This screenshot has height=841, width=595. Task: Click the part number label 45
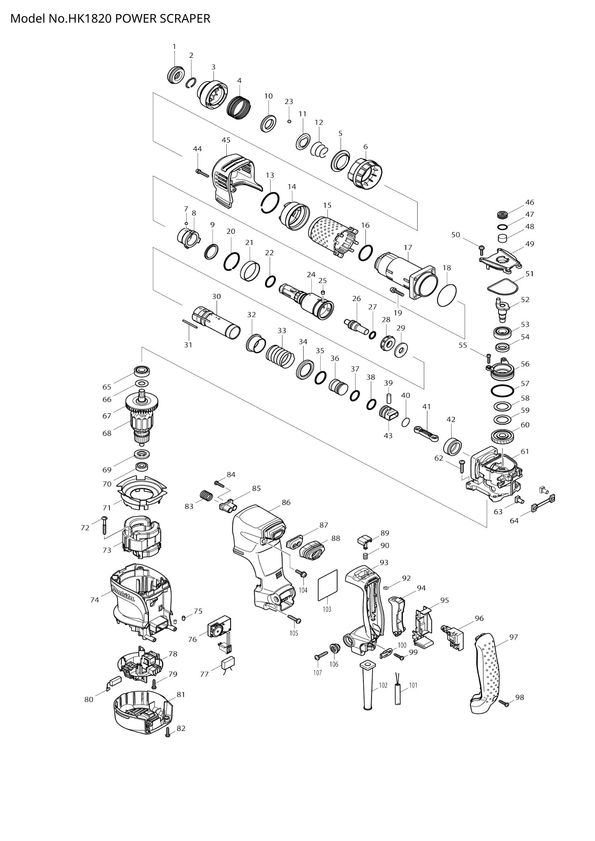(226, 140)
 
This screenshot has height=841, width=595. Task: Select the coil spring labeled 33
(280, 356)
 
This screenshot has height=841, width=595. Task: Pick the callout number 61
(524, 452)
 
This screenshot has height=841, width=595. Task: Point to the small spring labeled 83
(206, 496)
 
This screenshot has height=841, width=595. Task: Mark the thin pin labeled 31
(190, 324)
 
